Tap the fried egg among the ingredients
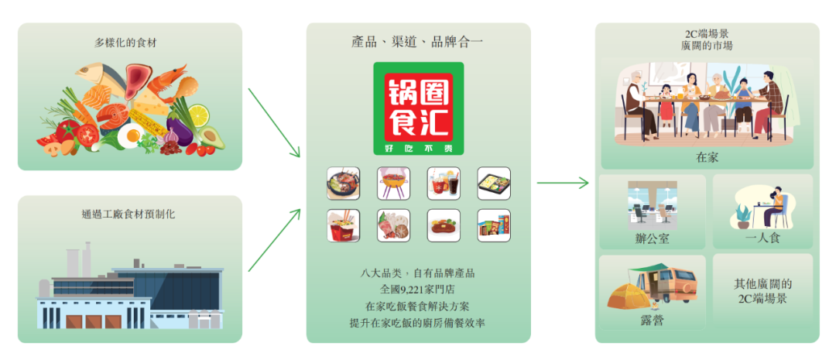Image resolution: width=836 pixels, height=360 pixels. pos(128,136)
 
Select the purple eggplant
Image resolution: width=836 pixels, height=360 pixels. pos(180,129)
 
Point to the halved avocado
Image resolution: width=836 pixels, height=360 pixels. pos(211,139)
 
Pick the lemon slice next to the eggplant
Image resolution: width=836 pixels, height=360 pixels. pos(198,115)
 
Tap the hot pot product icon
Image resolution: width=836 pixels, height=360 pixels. pos(344,183)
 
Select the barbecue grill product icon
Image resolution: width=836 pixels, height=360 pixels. pos(393,183)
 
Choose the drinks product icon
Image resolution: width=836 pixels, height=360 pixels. pos(444,183)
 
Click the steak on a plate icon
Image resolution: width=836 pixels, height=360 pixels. pos(444,225)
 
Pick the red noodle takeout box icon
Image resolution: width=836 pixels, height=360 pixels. pos(344,225)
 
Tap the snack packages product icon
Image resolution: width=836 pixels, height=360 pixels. pos(494,225)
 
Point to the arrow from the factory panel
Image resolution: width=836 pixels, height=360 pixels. pos(274,240)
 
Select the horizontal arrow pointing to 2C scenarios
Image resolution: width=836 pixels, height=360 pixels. pos(563,183)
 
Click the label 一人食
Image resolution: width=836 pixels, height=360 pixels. pos(762,238)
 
